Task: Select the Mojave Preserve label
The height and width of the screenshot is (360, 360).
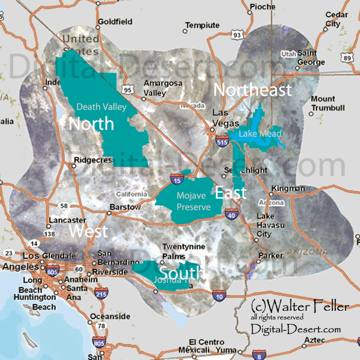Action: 193,201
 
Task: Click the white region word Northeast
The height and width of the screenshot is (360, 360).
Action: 252,90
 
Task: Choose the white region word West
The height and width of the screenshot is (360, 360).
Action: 88,231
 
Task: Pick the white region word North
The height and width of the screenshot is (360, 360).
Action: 91,124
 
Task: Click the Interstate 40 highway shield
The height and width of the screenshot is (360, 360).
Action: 231,212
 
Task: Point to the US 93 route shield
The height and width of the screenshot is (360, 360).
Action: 238,35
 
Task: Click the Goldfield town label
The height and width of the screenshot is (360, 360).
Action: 114,22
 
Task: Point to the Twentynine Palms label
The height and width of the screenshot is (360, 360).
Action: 185,252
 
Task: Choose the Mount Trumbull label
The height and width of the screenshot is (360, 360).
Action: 328,103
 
